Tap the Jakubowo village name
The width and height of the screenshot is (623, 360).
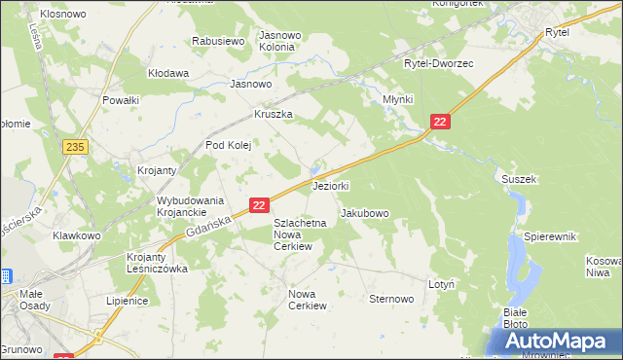tap(365, 213)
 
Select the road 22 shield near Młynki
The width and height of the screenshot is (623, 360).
tap(440, 121)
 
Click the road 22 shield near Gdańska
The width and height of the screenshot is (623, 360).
tap(259, 205)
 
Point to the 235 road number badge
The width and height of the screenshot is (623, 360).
tap(74, 146)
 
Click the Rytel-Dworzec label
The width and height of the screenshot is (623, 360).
tap(438, 63)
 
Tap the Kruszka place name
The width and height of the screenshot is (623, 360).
tap(274, 114)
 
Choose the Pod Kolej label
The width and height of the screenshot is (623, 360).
tap(228, 146)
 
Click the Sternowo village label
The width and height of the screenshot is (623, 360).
tap(391, 299)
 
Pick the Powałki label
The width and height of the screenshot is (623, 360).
tap(122, 99)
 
